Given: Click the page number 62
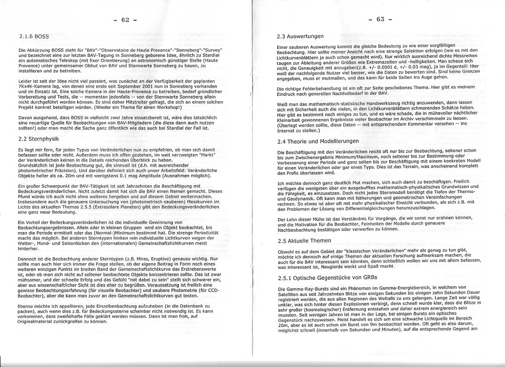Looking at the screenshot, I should click(126, 20).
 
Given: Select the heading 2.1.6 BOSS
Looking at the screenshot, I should click(34, 37).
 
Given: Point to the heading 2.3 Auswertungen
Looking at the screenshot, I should click(300, 36).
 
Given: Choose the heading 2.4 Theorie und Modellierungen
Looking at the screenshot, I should click(318, 141).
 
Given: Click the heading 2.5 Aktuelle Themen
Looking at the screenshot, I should click(304, 241).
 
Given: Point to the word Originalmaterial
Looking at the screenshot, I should click(36, 322).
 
